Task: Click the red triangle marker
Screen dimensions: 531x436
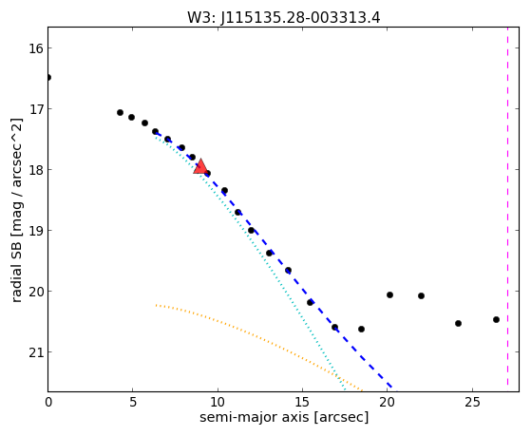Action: click(x=200, y=166)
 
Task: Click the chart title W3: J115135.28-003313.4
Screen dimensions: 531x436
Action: click(x=284, y=18)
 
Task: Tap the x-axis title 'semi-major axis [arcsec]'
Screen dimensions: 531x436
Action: click(x=284, y=417)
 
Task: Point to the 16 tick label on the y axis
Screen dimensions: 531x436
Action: click(x=35, y=48)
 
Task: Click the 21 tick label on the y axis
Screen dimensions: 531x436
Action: click(x=35, y=352)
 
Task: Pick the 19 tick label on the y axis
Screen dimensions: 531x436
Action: click(x=35, y=231)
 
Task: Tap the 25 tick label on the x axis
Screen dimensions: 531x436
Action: click(x=472, y=403)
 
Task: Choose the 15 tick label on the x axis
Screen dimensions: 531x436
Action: click(x=302, y=403)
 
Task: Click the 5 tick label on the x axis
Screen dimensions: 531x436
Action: click(x=132, y=403)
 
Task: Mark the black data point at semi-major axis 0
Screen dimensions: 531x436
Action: click(x=48, y=78)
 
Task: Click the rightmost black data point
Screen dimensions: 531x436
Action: click(x=496, y=319)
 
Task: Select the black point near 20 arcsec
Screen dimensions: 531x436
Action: click(x=389, y=295)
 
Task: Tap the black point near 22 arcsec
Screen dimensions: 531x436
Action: click(x=421, y=295)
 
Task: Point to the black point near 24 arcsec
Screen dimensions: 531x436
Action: click(x=458, y=324)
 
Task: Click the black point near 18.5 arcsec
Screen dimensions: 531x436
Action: click(x=361, y=329)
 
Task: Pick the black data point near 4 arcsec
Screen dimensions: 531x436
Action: click(x=120, y=112)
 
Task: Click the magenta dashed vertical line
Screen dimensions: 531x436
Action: click(x=507, y=206)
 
